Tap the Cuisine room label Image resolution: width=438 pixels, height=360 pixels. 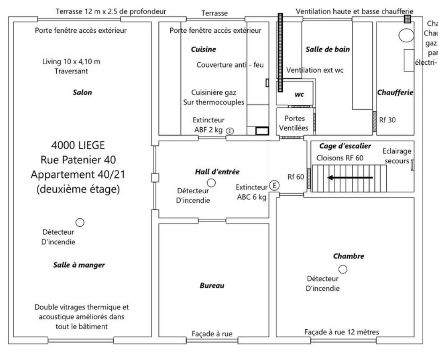click(x=203, y=50)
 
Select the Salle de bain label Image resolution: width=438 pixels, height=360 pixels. click(x=327, y=50)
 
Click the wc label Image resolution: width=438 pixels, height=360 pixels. click(x=300, y=95)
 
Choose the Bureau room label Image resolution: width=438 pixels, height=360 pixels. click(x=212, y=286)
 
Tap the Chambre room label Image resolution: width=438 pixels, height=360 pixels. click(x=348, y=256)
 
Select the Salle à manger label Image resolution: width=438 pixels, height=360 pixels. click(x=79, y=265)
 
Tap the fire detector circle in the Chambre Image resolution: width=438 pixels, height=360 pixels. click(x=343, y=269)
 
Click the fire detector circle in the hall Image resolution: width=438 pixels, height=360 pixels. click(x=211, y=183)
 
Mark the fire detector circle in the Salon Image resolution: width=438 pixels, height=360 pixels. click(x=79, y=222)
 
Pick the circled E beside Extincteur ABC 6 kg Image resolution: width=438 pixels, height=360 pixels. click(x=274, y=185)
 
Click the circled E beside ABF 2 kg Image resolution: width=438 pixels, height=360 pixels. click(x=230, y=131)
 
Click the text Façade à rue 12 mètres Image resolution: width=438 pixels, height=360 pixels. click(x=341, y=332)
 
